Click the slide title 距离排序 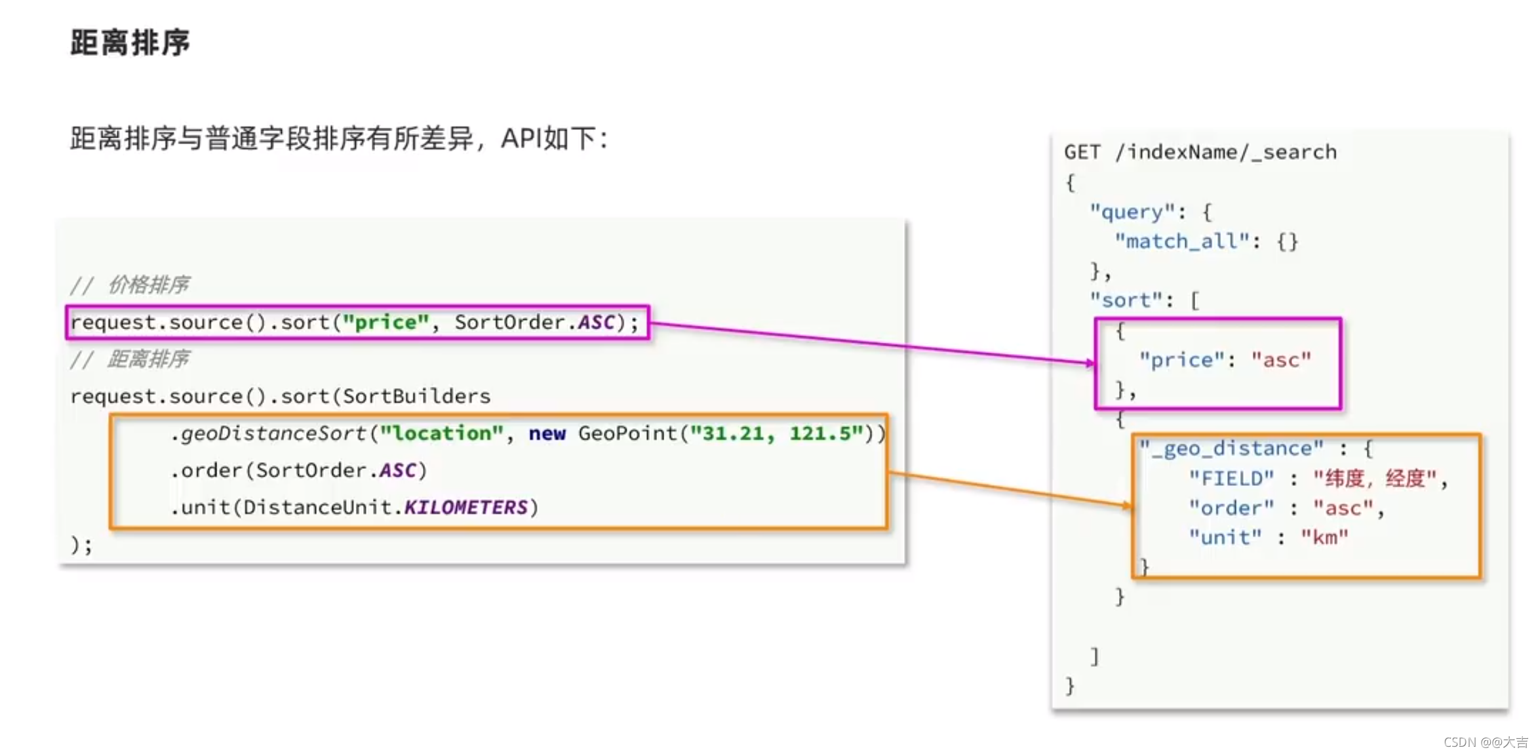(x=130, y=43)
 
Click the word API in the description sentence (x=521, y=138)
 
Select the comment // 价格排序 (x=130, y=285)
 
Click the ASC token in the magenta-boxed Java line (x=596, y=322)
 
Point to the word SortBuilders (x=416, y=396)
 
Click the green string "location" (x=441, y=433)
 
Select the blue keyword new (x=547, y=434)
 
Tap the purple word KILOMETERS (x=465, y=507)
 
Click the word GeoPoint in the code (x=627, y=433)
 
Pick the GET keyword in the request (x=1082, y=152)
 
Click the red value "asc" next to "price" (x=1281, y=360)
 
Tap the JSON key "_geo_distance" (x=1231, y=448)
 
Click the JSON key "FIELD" (x=1231, y=478)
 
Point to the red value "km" (x=1325, y=538)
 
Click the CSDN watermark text (x=1486, y=742)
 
